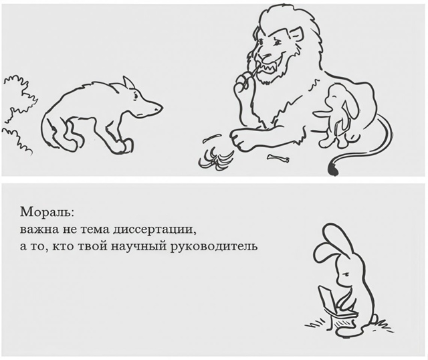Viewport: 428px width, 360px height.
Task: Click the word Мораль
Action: coord(41,216)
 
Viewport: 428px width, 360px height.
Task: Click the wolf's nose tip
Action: coord(160,106)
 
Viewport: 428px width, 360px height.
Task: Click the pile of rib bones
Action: coord(218,159)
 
